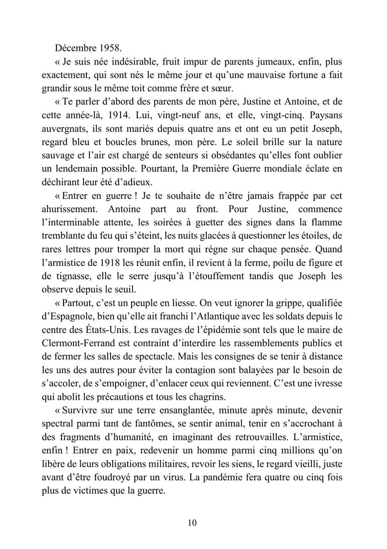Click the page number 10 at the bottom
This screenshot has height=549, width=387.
tap(193, 522)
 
